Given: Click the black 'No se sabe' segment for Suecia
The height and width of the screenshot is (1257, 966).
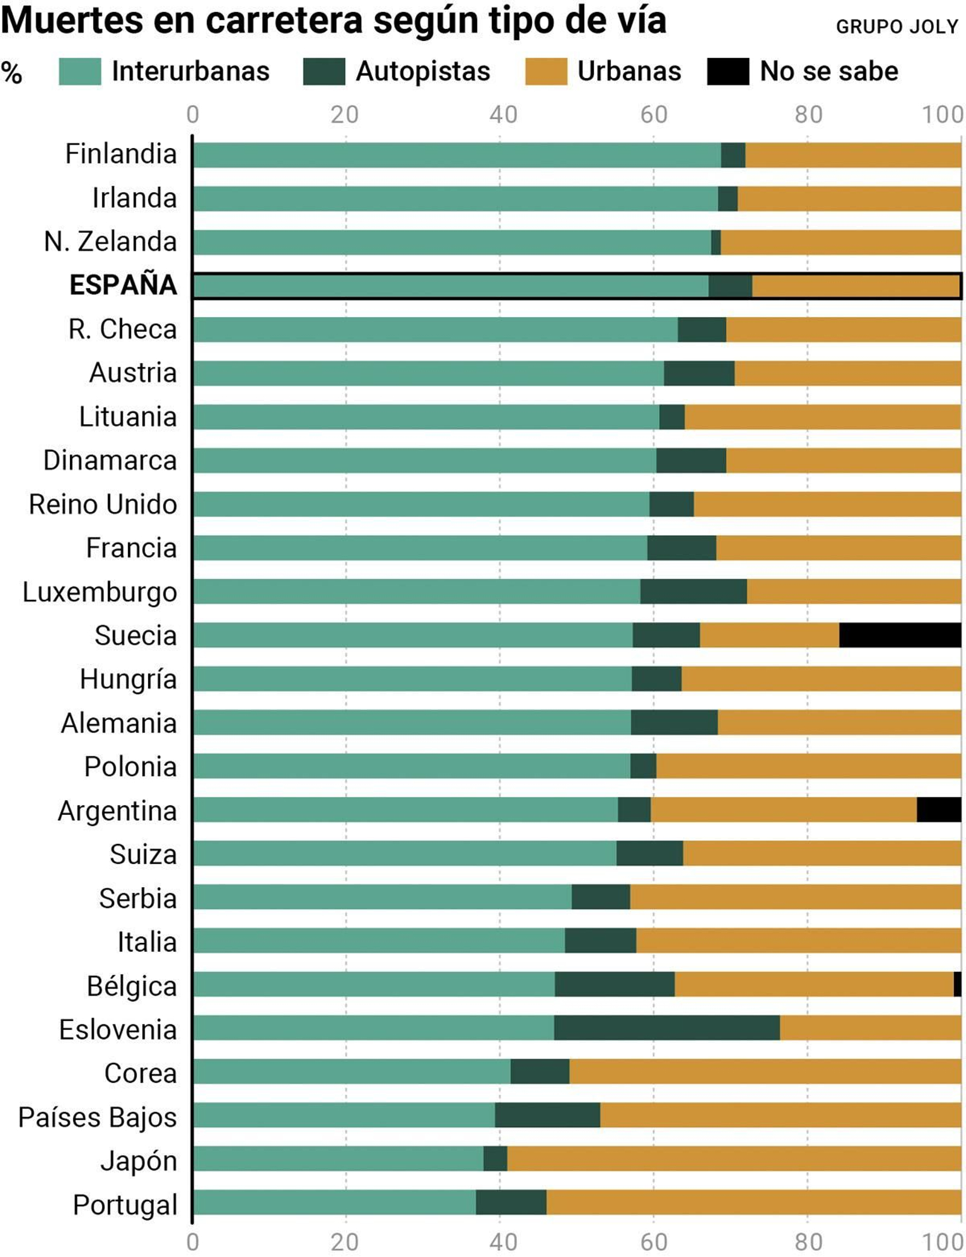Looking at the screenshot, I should [900, 635].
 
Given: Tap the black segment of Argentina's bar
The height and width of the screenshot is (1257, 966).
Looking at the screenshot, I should [938, 809].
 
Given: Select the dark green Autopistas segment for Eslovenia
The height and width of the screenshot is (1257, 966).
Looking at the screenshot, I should [667, 1028].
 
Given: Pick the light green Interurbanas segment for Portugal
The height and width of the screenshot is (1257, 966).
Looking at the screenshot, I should [334, 1203].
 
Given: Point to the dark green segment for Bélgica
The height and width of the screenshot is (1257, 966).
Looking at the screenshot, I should [614, 985].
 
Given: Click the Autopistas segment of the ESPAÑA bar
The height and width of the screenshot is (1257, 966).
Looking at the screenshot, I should [730, 286].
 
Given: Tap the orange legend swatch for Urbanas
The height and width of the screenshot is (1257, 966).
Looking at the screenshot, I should [546, 71].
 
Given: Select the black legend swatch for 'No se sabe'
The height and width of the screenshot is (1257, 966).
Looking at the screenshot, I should [728, 71].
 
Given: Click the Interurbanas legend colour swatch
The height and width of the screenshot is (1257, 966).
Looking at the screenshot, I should [80, 71].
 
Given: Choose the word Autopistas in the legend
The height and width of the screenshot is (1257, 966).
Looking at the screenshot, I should [423, 71].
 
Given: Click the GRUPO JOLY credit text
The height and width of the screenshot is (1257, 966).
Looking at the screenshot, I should [897, 27].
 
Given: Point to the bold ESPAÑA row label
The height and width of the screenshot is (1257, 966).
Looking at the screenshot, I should [123, 285].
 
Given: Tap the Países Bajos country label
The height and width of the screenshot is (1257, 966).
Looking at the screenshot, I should [97, 1116].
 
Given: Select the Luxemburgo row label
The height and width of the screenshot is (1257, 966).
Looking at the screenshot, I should [100, 592].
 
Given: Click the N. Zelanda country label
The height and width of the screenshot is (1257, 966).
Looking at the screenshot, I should [110, 242].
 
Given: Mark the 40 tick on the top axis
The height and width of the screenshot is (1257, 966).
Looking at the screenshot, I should [503, 115].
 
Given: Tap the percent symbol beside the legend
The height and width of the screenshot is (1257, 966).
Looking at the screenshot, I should [11, 73].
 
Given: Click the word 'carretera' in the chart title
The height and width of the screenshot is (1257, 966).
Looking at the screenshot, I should [284, 21].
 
